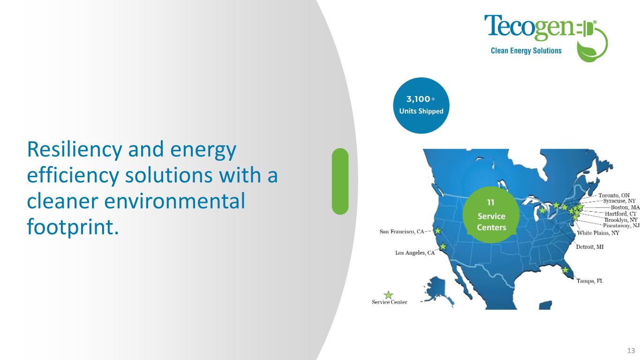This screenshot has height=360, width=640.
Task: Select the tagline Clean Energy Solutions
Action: [526, 51]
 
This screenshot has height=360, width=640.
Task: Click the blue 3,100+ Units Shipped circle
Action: [421, 105]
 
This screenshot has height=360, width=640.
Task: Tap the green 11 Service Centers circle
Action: [491, 215]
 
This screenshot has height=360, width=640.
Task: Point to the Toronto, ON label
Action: [614, 195]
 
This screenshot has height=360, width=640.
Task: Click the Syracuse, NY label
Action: [619, 201]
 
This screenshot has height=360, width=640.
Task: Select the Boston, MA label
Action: [625, 208]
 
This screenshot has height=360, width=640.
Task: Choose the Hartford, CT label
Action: [621, 214]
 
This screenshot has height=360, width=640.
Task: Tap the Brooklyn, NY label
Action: [621, 220]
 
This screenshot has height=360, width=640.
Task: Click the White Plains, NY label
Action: [598, 233]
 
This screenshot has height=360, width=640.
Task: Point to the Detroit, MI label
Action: [590, 247]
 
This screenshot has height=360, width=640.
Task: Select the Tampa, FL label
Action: [590, 281]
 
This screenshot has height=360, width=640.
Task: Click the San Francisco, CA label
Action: [402, 232]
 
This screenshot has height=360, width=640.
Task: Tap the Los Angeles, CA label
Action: [415, 253]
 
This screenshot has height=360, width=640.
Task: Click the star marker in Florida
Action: [565, 270]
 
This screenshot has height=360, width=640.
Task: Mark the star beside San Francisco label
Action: [437, 231]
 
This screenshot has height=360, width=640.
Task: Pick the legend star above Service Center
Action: [388, 295]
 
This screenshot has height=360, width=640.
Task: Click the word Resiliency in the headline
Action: [75, 150]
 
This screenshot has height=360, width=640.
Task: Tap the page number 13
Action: [631, 351]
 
